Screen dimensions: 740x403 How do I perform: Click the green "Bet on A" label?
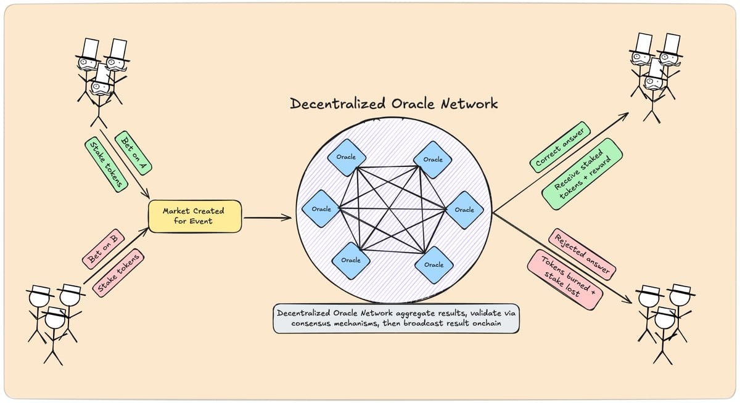tap(133, 152)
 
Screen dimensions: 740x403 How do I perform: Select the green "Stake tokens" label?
tap(106, 165)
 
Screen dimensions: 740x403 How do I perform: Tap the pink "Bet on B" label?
tap(103, 249)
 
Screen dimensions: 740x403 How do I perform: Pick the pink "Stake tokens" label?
tap(118, 272)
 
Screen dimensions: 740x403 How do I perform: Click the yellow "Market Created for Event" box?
tap(195, 216)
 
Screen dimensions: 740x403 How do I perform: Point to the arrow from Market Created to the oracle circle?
tap(268, 218)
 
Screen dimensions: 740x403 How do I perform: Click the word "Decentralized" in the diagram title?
tap(338, 104)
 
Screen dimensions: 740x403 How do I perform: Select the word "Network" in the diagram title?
tap(469, 104)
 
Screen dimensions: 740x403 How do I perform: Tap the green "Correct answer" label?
tap(560, 147)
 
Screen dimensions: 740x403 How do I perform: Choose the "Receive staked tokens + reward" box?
tap(582, 174)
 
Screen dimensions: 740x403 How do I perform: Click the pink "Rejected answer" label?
tap(582, 254)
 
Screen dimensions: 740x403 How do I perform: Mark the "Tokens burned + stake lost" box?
tap(565, 280)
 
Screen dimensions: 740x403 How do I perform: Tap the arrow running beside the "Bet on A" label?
tap(125, 164)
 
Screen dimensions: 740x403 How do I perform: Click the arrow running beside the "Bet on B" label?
tap(117, 256)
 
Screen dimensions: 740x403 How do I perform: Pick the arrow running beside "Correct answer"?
tap(561, 163)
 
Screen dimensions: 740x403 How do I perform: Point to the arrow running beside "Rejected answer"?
tap(562, 258)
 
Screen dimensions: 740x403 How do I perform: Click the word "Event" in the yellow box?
tap(201, 221)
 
